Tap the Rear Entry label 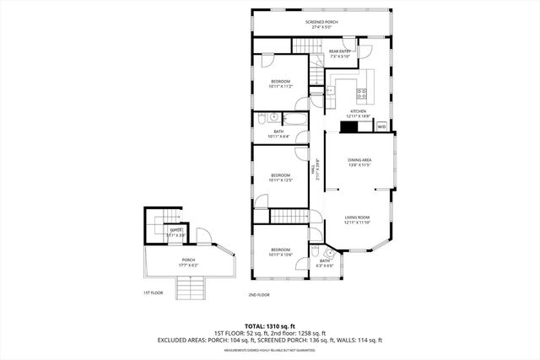click(x=341, y=55)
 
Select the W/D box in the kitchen click(x=381, y=126)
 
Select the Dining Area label click(x=360, y=162)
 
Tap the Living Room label click(x=359, y=220)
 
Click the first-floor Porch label click(x=188, y=263)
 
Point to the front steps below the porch click(x=190, y=292)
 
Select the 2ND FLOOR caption click(x=258, y=295)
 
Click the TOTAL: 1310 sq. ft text click(x=269, y=326)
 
